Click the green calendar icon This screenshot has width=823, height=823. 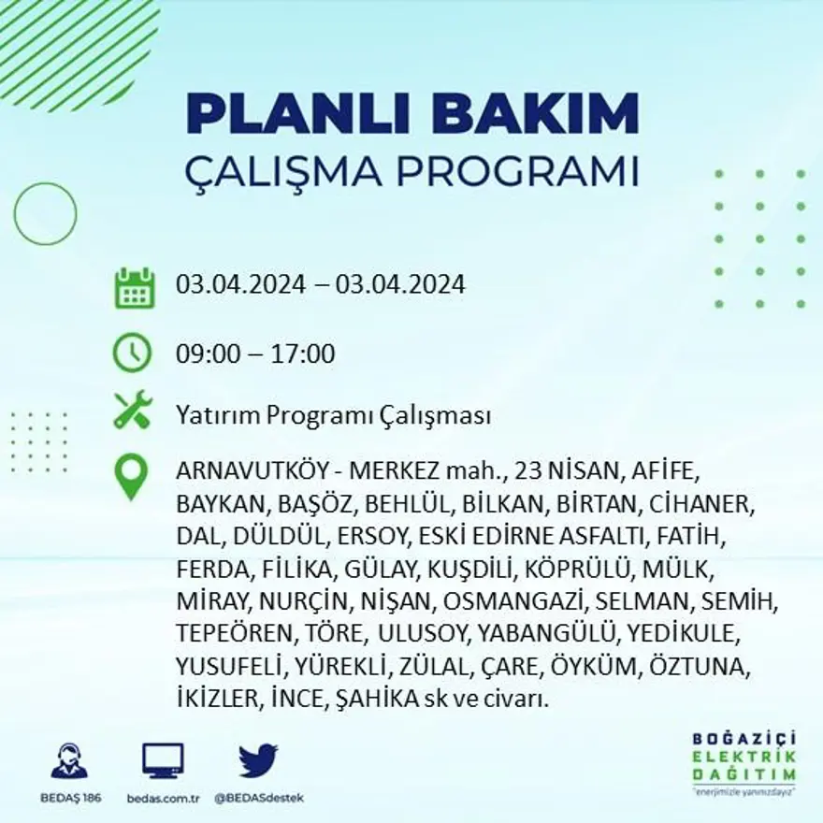click(134, 287)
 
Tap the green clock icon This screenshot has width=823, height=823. click(132, 353)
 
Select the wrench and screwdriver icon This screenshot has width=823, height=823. click(132, 411)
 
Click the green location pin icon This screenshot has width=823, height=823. click(132, 476)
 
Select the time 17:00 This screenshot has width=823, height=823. click(303, 354)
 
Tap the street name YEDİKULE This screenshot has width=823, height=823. click(684, 633)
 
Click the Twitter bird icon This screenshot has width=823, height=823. click(257, 760)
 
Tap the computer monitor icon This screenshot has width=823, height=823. click(164, 760)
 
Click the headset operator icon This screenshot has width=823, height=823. click(69, 761)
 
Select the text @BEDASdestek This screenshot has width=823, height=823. click(258, 798)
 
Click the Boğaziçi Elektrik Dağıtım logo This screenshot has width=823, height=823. click(744, 762)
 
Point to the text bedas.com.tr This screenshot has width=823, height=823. click(165, 798)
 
